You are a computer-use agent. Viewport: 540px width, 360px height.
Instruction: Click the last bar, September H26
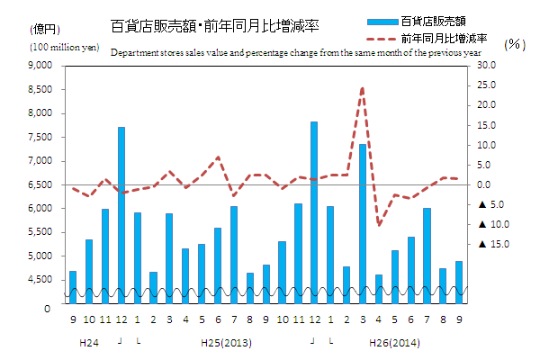click(459, 282)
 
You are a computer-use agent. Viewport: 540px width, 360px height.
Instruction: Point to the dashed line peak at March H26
click(363, 88)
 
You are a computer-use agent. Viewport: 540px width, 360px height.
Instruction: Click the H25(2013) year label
click(226, 342)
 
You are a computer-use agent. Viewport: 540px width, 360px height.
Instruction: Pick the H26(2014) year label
click(394, 342)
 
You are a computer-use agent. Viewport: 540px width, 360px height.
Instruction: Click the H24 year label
click(89, 342)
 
